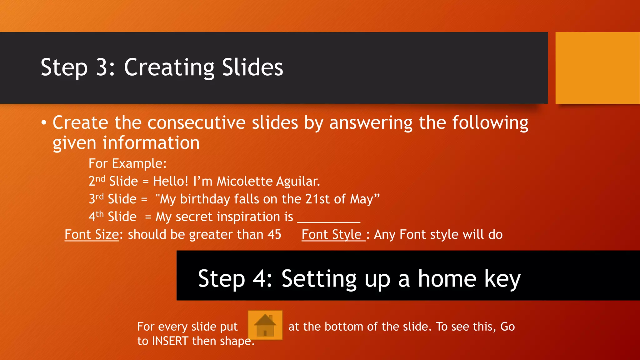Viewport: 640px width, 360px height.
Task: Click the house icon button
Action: [x=265, y=325]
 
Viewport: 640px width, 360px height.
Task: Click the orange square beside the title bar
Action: [x=597, y=68]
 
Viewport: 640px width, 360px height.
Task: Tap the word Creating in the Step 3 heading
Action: [x=169, y=67]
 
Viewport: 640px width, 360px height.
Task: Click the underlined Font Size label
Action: [x=92, y=234]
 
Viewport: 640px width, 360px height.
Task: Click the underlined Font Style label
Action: [x=332, y=234]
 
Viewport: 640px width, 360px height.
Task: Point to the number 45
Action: [x=274, y=234]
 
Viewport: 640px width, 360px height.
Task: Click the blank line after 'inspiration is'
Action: [x=329, y=219]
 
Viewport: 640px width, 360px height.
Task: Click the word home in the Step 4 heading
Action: [x=447, y=278]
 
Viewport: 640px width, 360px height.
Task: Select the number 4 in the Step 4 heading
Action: [x=259, y=278]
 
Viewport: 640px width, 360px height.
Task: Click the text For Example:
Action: [x=127, y=164]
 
